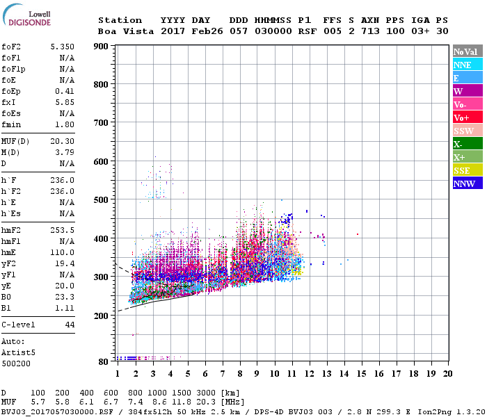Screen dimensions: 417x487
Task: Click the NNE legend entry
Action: (x=463, y=65)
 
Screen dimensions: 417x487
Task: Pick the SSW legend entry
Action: (x=463, y=131)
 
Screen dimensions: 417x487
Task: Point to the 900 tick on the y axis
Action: (x=102, y=47)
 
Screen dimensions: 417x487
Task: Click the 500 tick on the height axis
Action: (x=102, y=200)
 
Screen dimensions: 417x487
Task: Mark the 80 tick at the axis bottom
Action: (x=104, y=361)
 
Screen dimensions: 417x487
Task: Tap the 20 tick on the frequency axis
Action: (x=447, y=373)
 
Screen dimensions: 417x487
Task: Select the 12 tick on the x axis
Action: (x=308, y=373)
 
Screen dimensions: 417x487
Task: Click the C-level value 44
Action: (x=70, y=325)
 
